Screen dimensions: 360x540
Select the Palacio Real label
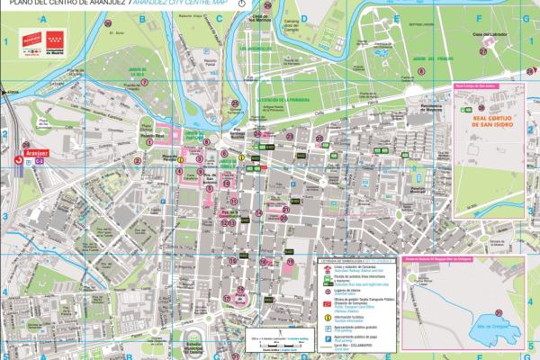click(148, 138)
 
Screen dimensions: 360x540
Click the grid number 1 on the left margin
click(5, 41)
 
